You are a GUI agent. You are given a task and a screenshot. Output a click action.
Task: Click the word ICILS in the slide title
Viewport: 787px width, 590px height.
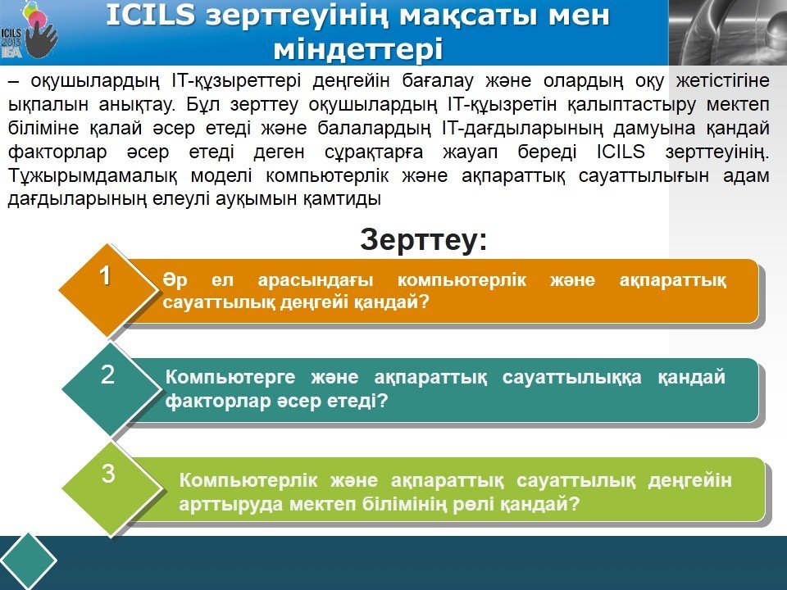(151, 15)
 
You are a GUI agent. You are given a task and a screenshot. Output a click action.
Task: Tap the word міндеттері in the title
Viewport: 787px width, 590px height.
(358, 49)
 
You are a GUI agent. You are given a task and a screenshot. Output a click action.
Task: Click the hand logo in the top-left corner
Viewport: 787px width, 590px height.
(40, 34)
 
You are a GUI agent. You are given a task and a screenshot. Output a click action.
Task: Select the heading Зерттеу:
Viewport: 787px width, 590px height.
(424, 239)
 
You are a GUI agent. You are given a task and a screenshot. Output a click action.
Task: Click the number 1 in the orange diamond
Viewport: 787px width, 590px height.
(105, 275)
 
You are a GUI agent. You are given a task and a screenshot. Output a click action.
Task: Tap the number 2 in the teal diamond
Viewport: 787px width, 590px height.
(107, 374)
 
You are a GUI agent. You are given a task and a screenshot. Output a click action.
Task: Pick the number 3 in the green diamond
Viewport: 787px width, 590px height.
(108, 474)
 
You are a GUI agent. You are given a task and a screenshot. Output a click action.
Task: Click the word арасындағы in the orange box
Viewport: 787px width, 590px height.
(315, 280)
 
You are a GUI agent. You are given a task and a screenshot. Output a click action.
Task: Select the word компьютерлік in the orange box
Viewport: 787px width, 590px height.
(462, 280)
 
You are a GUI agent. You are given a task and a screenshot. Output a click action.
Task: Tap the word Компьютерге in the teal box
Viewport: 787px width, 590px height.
(230, 377)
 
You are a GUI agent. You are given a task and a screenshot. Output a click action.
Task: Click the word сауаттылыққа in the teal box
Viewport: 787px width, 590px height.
(571, 377)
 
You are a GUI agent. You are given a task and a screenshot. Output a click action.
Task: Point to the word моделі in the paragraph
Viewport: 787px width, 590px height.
(221, 176)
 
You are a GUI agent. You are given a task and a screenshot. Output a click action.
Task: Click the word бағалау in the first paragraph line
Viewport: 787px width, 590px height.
(438, 81)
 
